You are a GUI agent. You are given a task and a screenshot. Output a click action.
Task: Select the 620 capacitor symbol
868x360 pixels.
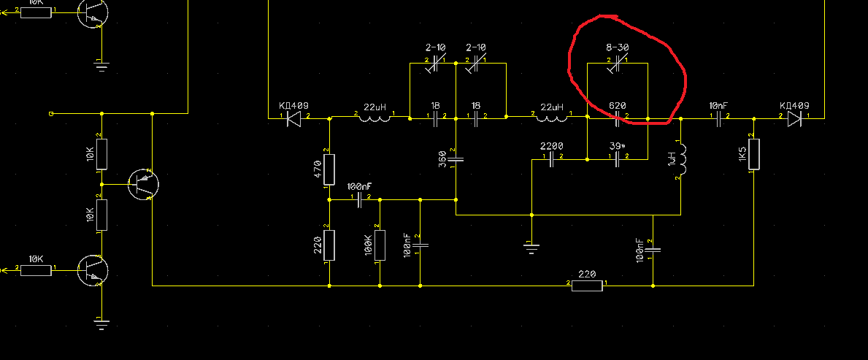pyautogui.click(x=618, y=118)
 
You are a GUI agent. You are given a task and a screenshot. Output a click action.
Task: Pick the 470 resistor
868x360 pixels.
pyautogui.click(x=329, y=169)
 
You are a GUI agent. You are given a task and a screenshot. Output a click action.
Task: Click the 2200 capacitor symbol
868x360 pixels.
pyautogui.click(x=552, y=161)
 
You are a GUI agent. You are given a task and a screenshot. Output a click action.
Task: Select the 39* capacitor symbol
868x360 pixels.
pyautogui.click(x=618, y=159)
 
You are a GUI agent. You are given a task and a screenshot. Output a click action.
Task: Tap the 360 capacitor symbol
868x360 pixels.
pyautogui.click(x=456, y=158)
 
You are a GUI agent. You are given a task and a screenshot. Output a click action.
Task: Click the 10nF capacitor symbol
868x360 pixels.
pyautogui.click(x=718, y=118)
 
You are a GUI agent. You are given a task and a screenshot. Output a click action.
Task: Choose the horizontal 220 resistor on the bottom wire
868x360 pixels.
pyautogui.click(x=588, y=286)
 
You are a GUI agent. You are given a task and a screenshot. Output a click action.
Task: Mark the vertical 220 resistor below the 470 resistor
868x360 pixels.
pyautogui.click(x=329, y=245)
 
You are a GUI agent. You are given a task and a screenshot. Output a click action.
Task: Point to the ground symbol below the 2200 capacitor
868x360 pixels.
pyautogui.click(x=531, y=246)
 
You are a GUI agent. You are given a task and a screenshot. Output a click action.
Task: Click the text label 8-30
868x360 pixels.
pyautogui.click(x=618, y=47)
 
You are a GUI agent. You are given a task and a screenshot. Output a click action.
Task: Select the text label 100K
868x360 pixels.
pyautogui.click(x=369, y=246)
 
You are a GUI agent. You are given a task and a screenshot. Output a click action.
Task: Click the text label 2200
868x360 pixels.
pyautogui.click(x=552, y=146)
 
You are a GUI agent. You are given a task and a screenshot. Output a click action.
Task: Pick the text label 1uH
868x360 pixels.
pyautogui.click(x=671, y=159)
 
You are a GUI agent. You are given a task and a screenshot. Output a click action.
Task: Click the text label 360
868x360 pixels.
pyautogui.click(x=442, y=158)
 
